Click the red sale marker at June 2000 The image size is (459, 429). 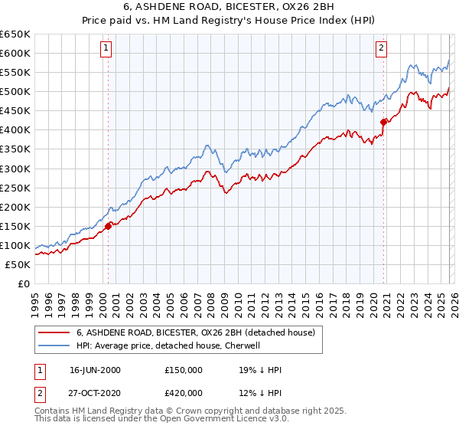(x=108, y=226)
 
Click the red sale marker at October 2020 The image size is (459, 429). (x=383, y=122)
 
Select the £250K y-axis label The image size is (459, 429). (x=16, y=188)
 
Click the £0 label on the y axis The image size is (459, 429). (x=23, y=284)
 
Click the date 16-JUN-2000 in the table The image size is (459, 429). (x=95, y=370)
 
